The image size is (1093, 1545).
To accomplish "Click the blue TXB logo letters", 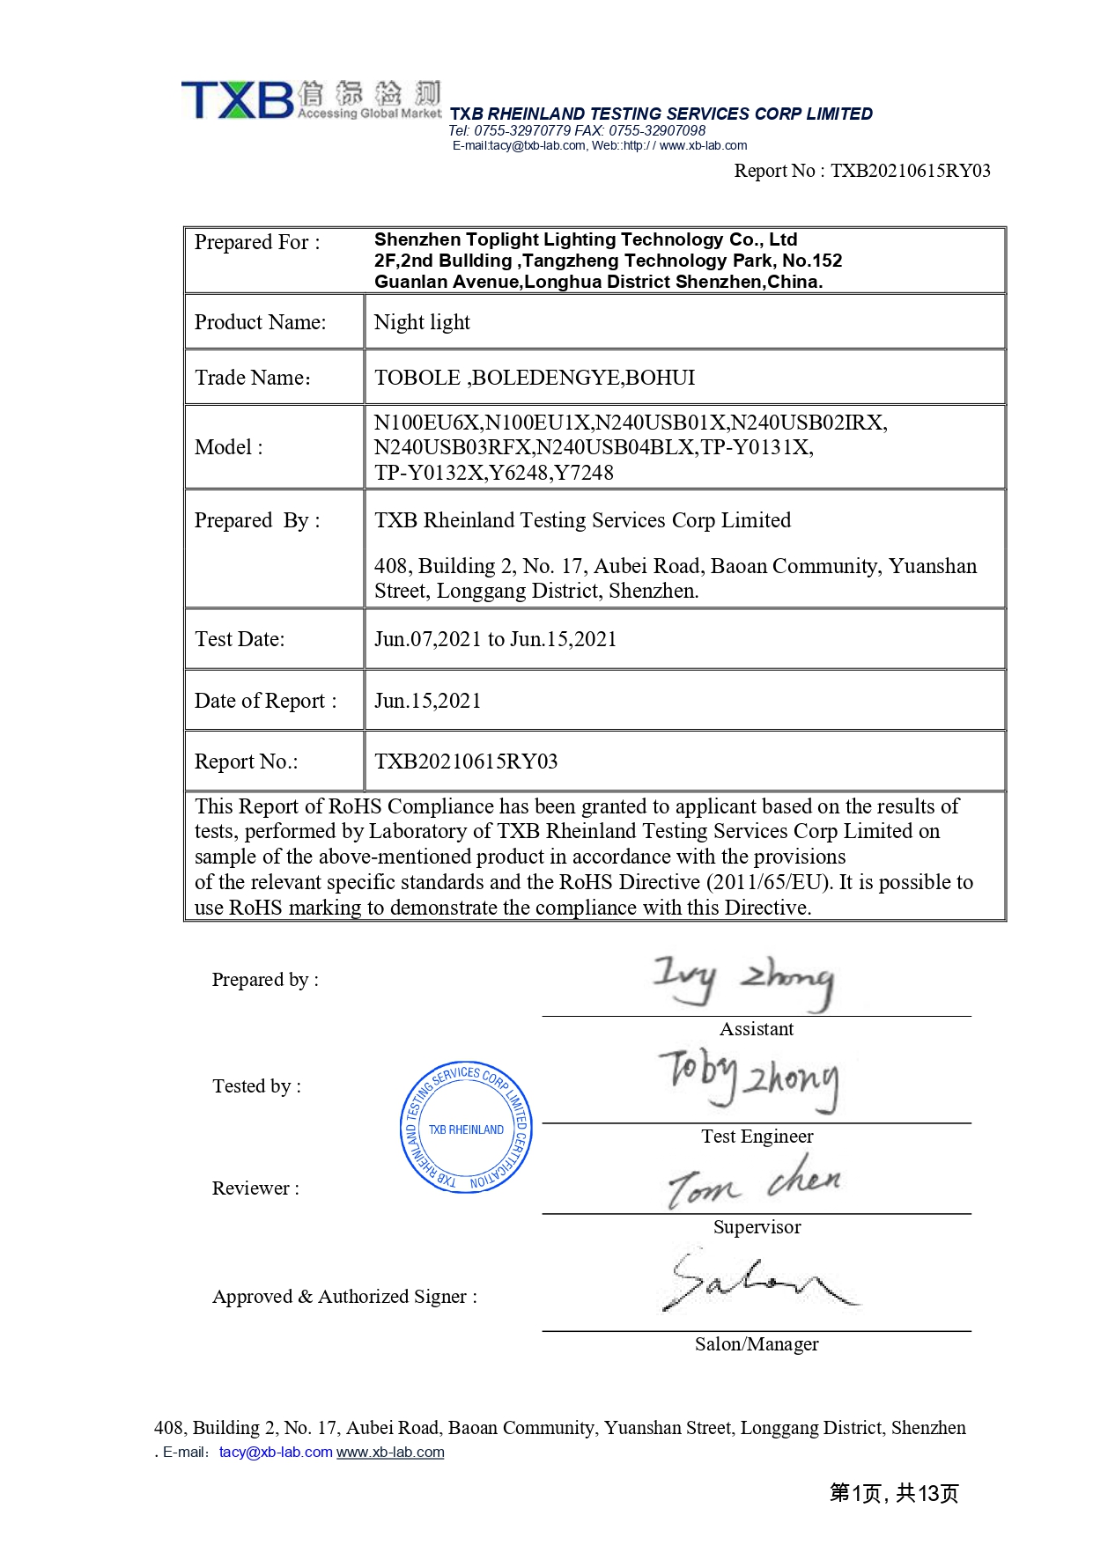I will tap(237, 99).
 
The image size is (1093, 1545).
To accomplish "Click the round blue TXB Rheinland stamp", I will tap(466, 1127).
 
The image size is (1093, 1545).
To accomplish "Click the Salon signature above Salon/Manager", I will tap(757, 1281).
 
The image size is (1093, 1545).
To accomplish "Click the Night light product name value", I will tap(422, 322).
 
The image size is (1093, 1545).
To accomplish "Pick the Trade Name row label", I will tap(253, 378).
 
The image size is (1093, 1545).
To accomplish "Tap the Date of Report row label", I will tap(265, 701).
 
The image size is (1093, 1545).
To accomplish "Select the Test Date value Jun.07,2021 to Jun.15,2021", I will tap(495, 639).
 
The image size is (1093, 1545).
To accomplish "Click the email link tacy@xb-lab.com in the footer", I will tap(276, 1452).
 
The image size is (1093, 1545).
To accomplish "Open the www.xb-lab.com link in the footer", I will tap(390, 1452).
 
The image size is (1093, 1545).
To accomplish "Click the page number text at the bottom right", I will tap(893, 1493).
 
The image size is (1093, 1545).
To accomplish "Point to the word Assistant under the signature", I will tap(757, 1029).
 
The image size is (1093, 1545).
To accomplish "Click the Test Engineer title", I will tap(757, 1137).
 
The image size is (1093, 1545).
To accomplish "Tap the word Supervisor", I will tap(757, 1227).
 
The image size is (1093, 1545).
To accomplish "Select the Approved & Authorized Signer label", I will tap(344, 1297).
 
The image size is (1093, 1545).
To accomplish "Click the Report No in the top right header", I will tap(862, 171).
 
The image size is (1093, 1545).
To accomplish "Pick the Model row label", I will tap(229, 447).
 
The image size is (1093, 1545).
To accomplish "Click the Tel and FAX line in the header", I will tap(577, 130).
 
